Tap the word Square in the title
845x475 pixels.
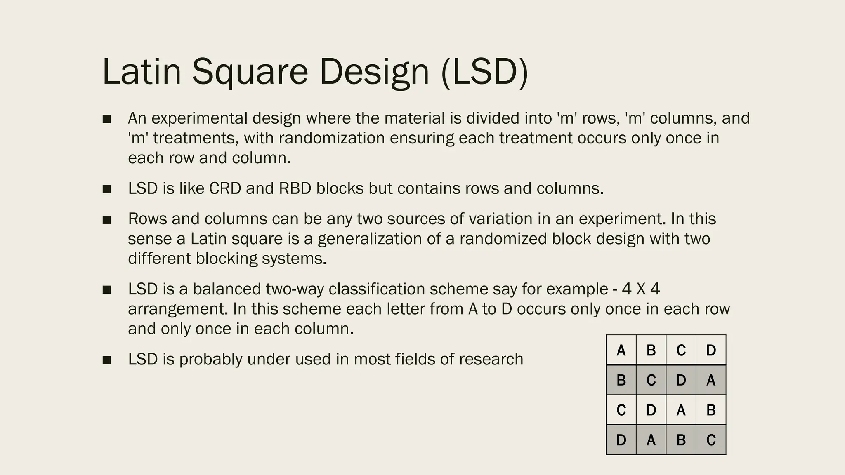[250, 72]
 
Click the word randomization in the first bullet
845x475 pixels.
[332, 138]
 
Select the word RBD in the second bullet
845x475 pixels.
[295, 188]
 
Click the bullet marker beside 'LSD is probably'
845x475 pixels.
[107, 360]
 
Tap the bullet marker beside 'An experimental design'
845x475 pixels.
[107, 119]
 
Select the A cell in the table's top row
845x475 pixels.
[621, 350]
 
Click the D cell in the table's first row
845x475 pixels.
[711, 350]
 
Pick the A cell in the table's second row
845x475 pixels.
[711, 380]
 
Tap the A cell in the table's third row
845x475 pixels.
[681, 410]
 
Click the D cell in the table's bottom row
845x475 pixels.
[621, 440]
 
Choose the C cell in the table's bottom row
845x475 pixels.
[711, 440]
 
